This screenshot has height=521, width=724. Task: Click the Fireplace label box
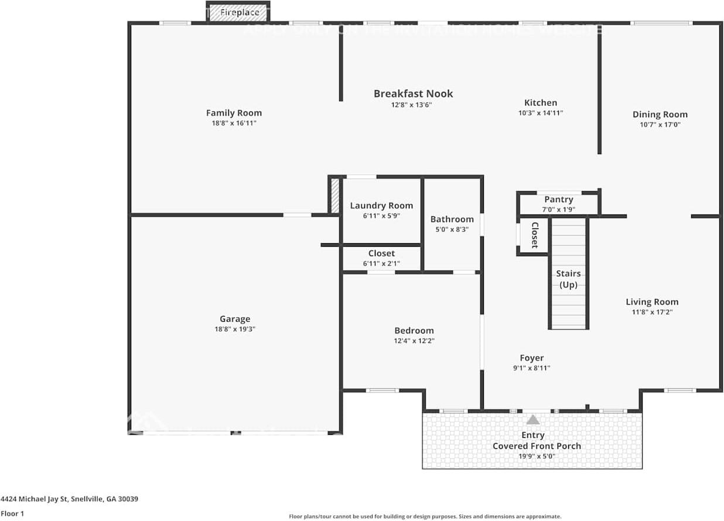(x=238, y=12)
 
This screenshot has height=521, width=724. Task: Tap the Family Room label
(x=234, y=113)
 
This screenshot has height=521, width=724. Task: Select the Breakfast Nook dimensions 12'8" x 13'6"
(x=413, y=105)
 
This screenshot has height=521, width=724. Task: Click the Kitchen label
(x=540, y=103)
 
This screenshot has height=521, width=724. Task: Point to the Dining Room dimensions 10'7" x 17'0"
(x=660, y=124)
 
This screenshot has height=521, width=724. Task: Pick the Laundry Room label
(x=381, y=205)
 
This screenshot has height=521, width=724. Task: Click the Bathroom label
(x=452, y=219)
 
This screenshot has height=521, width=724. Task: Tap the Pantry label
(x=558, y=199)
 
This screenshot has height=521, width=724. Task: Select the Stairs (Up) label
(x=568, y=279)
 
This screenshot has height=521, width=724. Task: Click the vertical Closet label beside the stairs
(x=534, y=235)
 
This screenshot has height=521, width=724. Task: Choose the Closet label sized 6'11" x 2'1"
(x=381, y=253)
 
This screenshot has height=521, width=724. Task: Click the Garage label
(x=235, y=319)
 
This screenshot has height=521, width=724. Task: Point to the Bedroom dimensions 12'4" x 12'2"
(x=414, y=340)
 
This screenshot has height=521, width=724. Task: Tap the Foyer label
(x=532, y=357)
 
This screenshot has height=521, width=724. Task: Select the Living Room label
(x=652, y=302)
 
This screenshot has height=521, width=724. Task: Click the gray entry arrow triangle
(x=532, y=420)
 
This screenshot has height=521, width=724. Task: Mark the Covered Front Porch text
(x=537, y=446)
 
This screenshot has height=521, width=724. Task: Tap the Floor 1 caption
(x=12, y=513)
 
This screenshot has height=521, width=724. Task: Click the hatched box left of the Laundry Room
(x=335, y=196)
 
